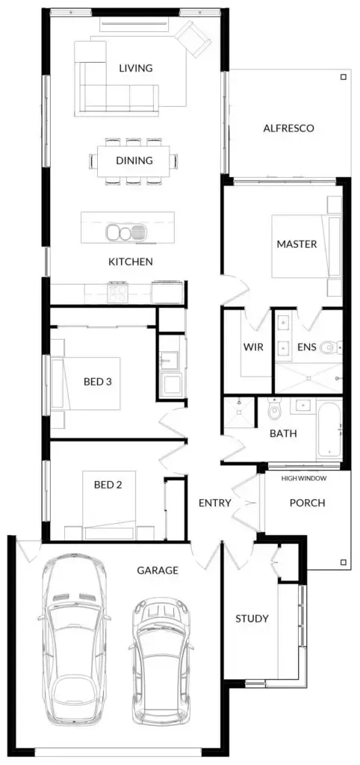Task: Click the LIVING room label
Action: tap(135, 68)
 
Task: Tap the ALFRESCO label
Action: tap(288, 128)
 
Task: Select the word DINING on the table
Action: tap(134, 160)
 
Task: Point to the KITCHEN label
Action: tap(131, 261)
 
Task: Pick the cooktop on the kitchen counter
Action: tap(119, 291)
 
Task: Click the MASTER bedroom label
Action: tap(297, 244)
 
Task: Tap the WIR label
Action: tap(250, 347)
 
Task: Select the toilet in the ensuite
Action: tap(332, 347)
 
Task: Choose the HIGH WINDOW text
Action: tap(303, 477)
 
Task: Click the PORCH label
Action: tap(307, 503)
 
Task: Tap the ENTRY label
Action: tap(214, 503)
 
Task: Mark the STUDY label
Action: tap(252, 619)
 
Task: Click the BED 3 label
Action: tap(97, 382)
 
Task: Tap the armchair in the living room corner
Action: tap(195, 37)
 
